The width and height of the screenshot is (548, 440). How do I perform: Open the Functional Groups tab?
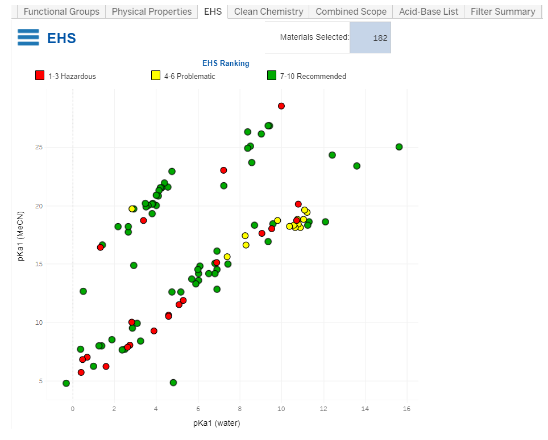click(x=61, y=11)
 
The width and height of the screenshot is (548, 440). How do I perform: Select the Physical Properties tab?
click(x=151, y=11)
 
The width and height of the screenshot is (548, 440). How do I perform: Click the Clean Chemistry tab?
click(x=268, y=11)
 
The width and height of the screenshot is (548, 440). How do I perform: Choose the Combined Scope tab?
click(x=351, y=11)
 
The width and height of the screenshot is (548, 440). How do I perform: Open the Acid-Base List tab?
click(x=429, y=11)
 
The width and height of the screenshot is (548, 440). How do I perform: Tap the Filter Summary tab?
click(x=503, y=11)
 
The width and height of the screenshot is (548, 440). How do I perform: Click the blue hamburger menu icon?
click(x=28, y=37)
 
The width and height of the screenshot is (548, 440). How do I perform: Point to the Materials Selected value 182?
click(x=380, y=38)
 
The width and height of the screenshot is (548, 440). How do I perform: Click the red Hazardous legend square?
click(x=40, y=76)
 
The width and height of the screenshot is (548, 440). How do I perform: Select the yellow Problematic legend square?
click(x=155, y=76)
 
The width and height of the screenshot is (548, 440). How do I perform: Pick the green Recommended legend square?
click(x=272, y=76)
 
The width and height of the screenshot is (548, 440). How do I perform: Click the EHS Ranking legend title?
click(x=226, y=63)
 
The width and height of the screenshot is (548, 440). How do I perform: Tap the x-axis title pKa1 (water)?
click(x=217, y=423)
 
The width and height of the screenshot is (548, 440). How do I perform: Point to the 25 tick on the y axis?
click(x=40, y=148)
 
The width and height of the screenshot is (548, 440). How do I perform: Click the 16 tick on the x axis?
click(x=406, y=409)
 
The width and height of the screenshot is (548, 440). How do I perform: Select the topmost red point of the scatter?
click(x=281, y=106)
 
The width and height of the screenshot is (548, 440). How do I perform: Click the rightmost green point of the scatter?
click(x=399, y=147)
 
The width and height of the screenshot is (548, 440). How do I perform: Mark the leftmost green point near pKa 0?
click(x=67, y=383)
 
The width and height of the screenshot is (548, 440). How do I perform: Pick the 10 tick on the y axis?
click(x=40, y=322)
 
